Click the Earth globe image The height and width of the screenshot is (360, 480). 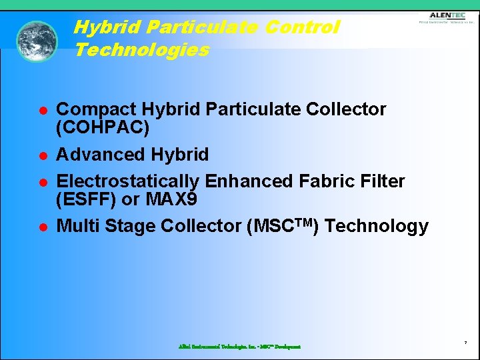coord(37,41)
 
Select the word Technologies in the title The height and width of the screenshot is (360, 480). coord(142,50)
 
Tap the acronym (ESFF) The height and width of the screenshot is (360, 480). coord(86,199)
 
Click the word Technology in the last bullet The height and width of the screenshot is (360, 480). coord(377,226)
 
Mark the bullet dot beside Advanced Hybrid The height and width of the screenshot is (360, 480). coord(42,155)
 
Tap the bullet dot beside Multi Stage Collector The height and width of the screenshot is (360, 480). coord(42,227)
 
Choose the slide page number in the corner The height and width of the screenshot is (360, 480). coord(465,343)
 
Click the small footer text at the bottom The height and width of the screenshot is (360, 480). coord(239,347)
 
